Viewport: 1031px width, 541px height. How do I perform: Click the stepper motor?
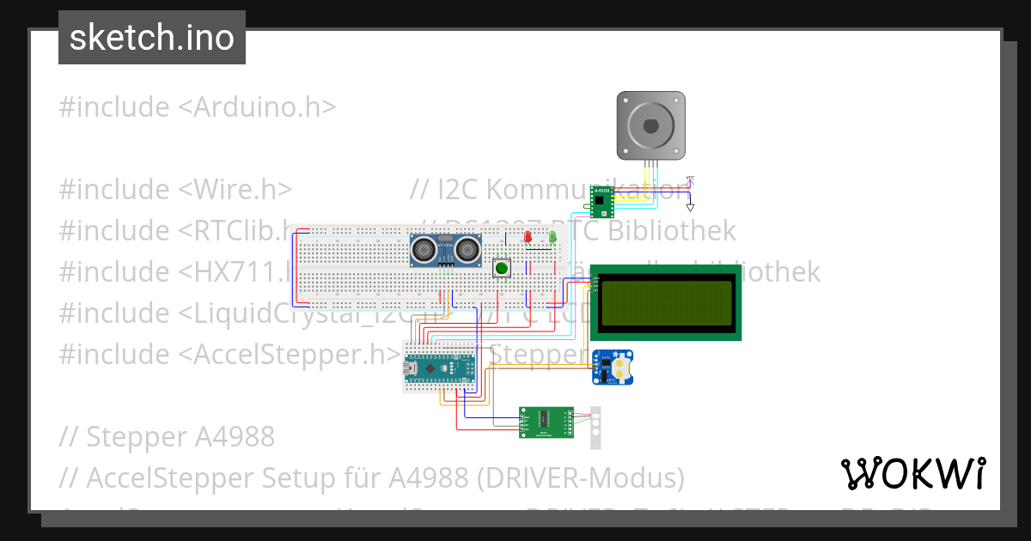651,125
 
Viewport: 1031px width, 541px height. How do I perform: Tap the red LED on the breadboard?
528,236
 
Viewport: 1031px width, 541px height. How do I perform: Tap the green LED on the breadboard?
552,236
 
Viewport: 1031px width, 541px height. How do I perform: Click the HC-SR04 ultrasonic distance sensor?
444,249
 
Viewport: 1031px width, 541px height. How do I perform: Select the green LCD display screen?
666,301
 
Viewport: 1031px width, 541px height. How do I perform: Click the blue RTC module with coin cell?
612,367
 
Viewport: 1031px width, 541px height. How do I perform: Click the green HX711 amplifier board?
546,422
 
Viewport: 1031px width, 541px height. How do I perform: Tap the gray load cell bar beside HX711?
595,428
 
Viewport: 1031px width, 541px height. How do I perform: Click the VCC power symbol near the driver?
690,180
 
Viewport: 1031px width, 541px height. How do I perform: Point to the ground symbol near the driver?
690,206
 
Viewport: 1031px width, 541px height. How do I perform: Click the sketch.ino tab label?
152,38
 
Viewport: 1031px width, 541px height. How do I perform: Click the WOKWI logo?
912,473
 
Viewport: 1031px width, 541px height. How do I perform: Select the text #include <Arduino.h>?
197,107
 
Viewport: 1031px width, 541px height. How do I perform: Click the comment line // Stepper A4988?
167,436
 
